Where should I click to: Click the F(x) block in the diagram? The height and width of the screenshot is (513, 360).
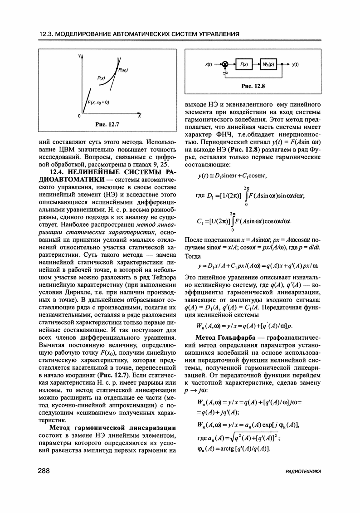click(244, 64)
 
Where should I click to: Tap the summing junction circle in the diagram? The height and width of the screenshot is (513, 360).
click(225, 64)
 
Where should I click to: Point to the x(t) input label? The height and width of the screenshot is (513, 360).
click(209, 64)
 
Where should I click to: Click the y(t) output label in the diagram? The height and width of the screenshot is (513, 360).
click(295, 64)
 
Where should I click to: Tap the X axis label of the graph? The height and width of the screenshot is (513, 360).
click(139, 116)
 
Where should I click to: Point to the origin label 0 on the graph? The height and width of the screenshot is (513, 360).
click(79, 116)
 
